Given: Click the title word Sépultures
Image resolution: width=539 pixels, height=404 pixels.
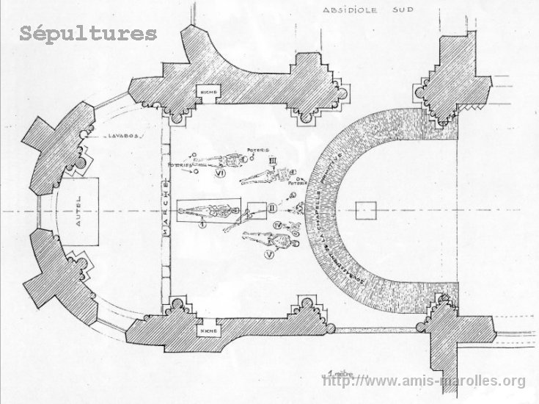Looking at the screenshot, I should (88, 33).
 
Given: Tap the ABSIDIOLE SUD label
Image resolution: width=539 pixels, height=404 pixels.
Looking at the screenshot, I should (365, 11).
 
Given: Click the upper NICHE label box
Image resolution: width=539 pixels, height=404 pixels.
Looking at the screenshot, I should (205, 90).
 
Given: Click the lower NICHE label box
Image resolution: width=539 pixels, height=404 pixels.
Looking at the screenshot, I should (205, 332).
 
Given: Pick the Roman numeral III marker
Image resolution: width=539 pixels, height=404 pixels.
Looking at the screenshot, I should (273, 160).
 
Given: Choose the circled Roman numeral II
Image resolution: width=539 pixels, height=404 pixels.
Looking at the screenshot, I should (271, 208).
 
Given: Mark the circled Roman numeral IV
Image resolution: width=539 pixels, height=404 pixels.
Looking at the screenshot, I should (276, 224).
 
